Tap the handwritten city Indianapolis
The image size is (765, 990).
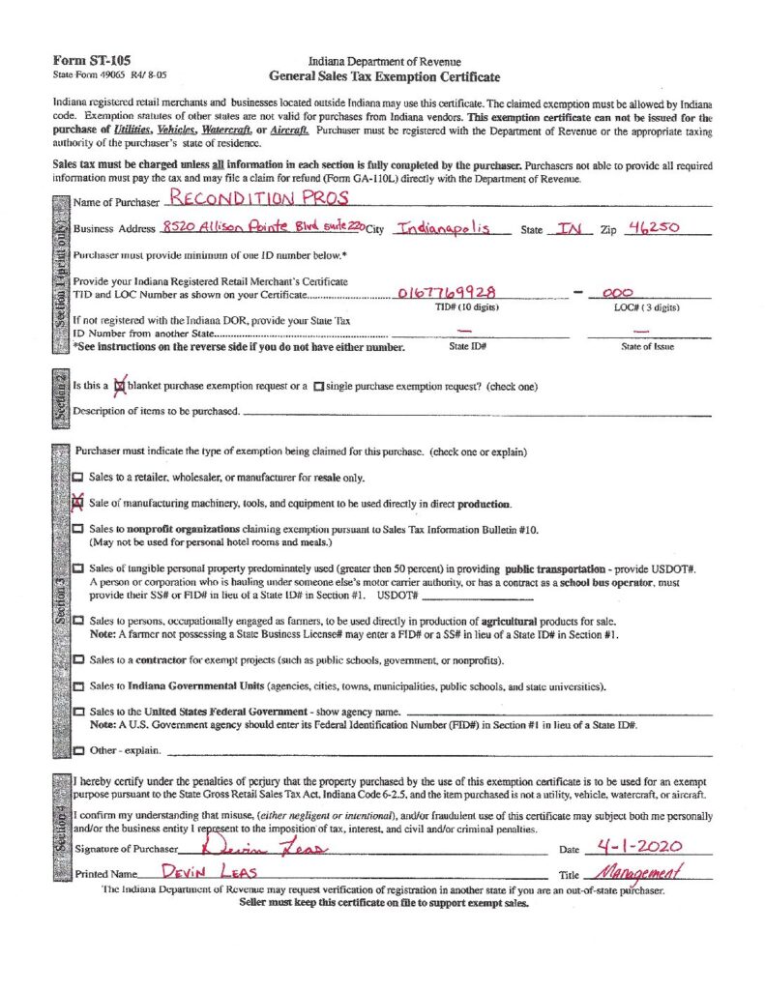[x=452, y=227]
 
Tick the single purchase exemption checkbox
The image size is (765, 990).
[x=318, y=387]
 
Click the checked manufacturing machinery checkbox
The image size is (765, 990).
[x=78, y=504]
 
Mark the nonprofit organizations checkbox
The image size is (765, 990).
[x=78, y=530]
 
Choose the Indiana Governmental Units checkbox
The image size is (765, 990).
[x=78, y=686]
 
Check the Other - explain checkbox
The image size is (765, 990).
[x=78, y=750]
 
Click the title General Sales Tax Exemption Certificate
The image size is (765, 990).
[x=385, y=76]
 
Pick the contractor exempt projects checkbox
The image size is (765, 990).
[x=78, y=660]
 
